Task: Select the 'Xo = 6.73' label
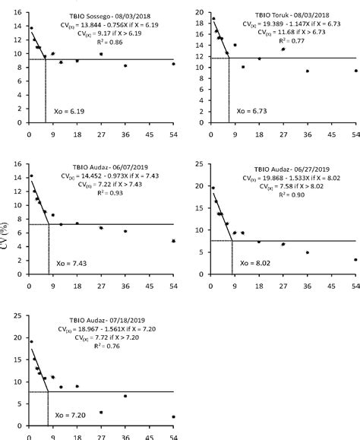(x=251, y=111)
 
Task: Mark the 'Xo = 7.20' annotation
(x=69, y=416)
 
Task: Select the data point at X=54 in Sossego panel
(x=173, y=64)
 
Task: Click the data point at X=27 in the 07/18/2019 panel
(x=101, y=413)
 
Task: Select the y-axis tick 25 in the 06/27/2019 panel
(x=198, y=163)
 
